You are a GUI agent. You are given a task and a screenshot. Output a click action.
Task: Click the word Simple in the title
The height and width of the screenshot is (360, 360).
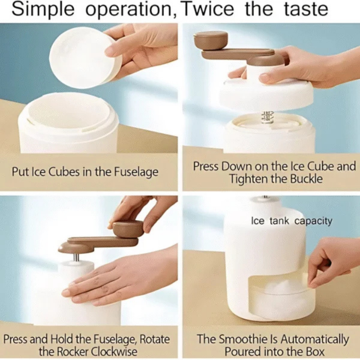pyautogui.click(x=43, y=9)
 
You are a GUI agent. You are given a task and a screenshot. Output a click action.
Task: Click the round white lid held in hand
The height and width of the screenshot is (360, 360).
pyautogui.click(x=85, y=57)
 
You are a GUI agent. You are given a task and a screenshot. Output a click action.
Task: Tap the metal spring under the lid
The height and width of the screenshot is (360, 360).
pyautogui.click(x=267, y=117)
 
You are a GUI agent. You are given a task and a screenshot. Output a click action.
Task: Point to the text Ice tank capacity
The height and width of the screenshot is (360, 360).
pyautogui.click(x=292, y=221)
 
